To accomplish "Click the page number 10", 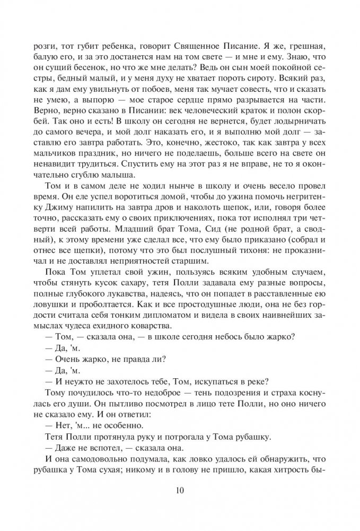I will click(x=180, y=490).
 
